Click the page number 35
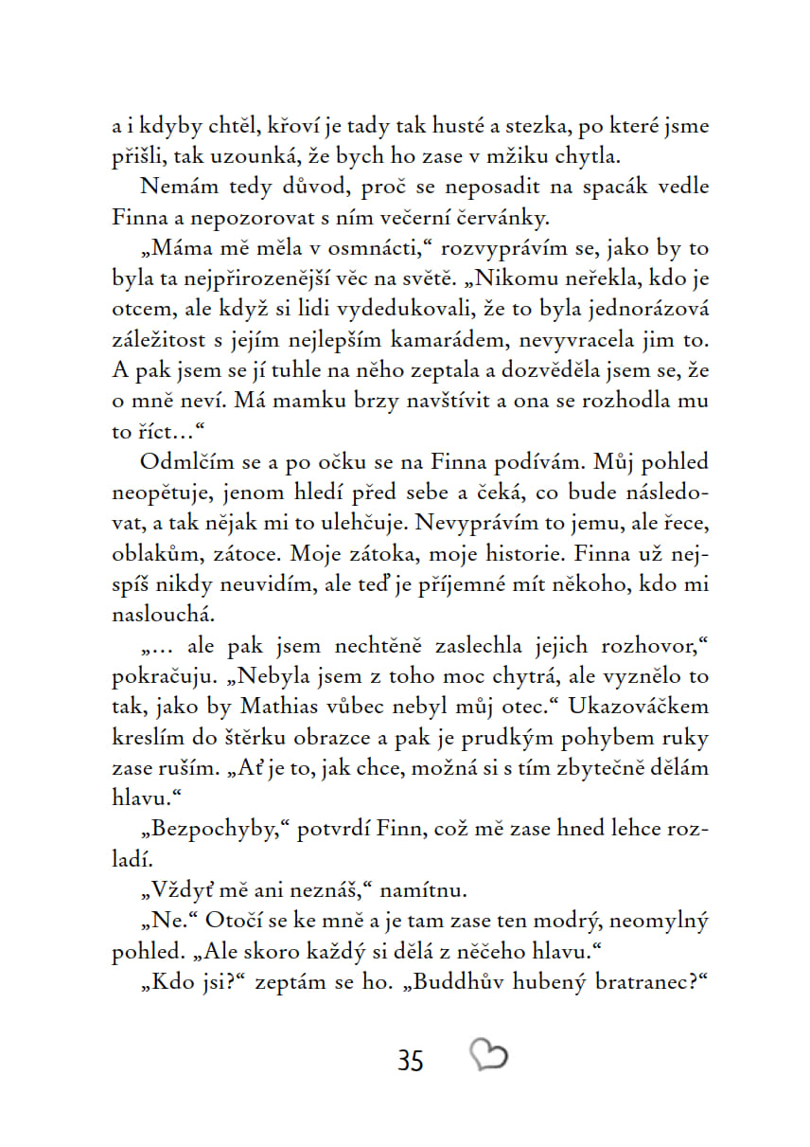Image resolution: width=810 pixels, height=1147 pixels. click(x=411, y=1060)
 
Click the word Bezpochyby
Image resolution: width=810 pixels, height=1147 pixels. click(x=209, y=830)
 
